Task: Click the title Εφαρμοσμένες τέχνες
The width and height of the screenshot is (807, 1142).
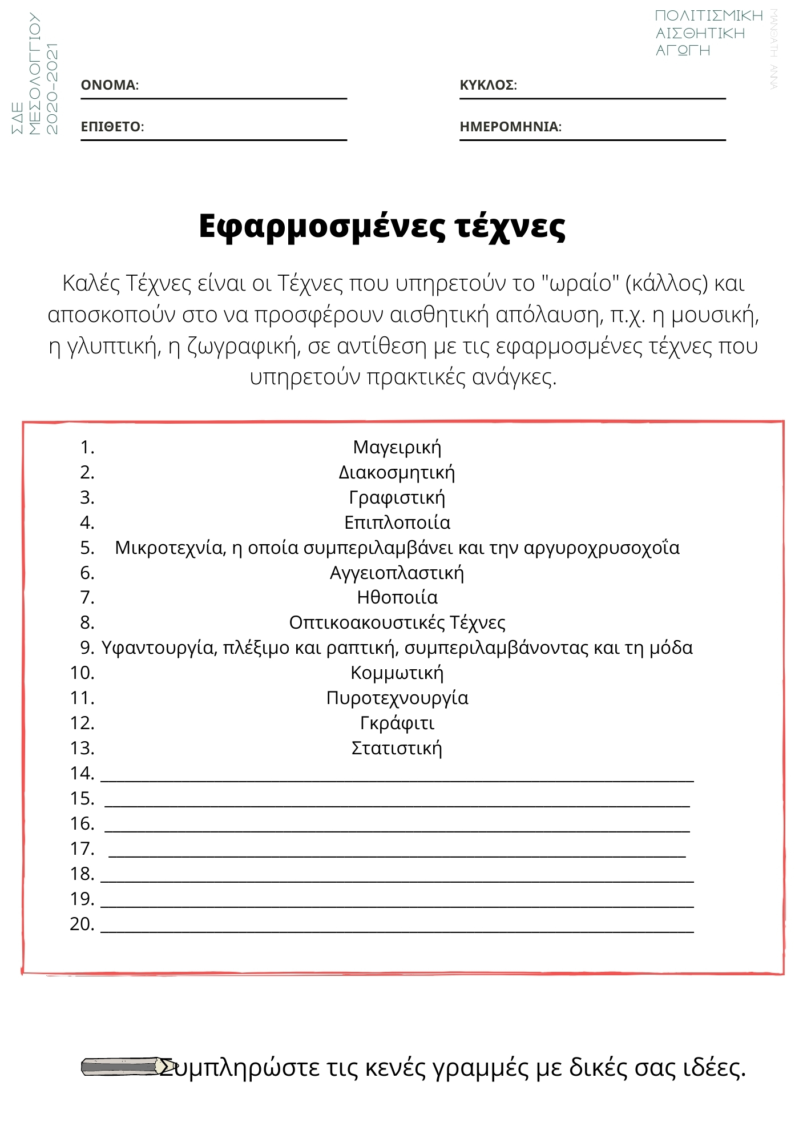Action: [x=382, y=227]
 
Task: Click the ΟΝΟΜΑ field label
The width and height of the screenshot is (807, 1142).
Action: [x=110, y=85]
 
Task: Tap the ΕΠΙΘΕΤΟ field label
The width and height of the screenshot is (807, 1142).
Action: [x=112, y=127]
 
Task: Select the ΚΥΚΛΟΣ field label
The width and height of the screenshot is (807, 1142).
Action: [x=488, y=85]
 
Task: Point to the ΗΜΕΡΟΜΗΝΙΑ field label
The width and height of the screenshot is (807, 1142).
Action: [x=510, y=127]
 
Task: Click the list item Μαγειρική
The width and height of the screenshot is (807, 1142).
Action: [x=397, y=447]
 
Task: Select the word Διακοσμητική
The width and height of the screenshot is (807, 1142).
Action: [x=397, y=472]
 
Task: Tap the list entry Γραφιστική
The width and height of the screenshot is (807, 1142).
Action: [x=397, y=497]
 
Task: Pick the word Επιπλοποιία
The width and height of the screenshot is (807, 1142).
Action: [x=397, y=522]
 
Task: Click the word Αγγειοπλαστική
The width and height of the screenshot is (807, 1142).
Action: [x=397, y=573]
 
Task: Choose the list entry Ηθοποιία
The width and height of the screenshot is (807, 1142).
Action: [x=397, y=597]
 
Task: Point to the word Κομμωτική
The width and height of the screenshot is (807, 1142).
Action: [x=397, y=673]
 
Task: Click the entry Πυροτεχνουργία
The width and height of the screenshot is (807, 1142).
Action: [x=397, y=698]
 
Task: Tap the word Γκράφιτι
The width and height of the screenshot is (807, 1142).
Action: [x=397, y=723]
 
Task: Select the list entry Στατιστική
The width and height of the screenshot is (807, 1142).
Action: [x=397, y=748]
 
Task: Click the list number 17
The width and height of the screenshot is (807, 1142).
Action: [x=82, y=849]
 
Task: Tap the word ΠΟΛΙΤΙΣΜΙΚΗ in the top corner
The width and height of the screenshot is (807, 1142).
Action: [x=708, y=16]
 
